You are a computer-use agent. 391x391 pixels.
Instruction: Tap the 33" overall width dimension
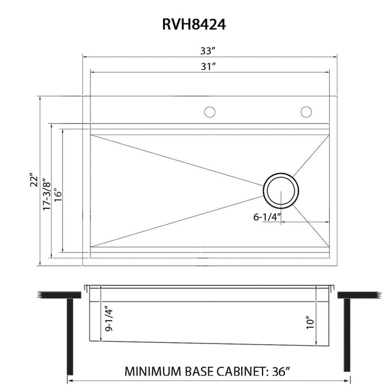tap(208, 51)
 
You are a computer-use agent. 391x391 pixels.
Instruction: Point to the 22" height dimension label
tap(35, 179)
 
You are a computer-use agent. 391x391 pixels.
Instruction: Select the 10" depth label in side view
tap(311, 322)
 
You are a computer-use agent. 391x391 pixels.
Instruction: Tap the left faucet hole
tap(209, 112)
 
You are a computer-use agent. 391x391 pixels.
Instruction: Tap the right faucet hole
tap(306, 112)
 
